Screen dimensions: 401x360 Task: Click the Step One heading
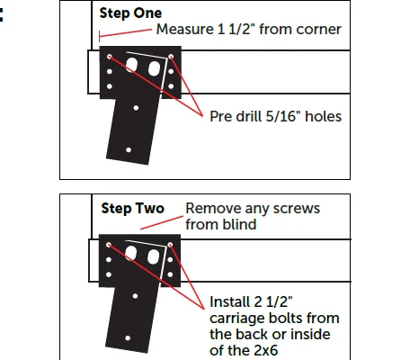(130, 13)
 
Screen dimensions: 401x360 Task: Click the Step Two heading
(133, 208)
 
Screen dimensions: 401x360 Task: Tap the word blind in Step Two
(241, 224)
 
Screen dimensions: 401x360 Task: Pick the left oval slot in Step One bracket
(131, 65)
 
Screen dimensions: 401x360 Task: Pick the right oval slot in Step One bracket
(154, 68)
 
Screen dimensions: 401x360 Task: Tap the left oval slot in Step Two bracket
(130, 253)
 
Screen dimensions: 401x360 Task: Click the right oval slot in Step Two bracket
(153, 256)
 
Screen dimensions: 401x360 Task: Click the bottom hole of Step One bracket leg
(129, 149)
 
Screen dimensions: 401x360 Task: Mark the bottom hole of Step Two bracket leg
(128, 338)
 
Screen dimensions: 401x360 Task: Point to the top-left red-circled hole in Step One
(110, 57)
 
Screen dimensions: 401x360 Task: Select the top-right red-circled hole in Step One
(171, 57)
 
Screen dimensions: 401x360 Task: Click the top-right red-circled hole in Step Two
(170, 245)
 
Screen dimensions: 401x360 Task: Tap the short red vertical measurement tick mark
(99, 37)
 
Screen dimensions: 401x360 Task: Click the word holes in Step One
(323, 116)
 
